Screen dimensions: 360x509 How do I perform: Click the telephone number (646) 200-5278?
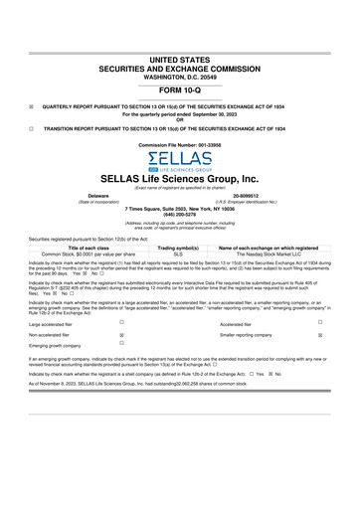179,215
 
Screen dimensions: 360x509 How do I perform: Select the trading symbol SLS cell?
179,254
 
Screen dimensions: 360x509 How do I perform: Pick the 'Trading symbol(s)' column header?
179,248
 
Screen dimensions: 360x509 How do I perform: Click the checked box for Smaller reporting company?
320,336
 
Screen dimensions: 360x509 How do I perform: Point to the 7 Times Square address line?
179,209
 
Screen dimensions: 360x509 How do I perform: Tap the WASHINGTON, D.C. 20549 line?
179,41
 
